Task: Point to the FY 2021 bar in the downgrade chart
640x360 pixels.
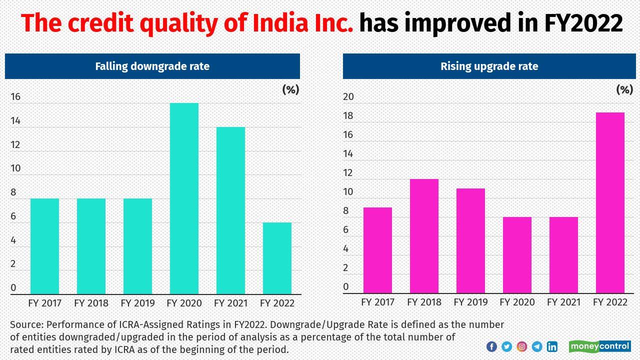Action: (x=230, y=210)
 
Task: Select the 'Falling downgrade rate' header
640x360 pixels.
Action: (x=152, y=66)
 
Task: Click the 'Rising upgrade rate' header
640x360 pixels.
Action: (x=489, y=66)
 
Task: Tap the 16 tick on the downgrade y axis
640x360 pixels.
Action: (x=15, y=97)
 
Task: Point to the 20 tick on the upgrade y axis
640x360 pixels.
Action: (x=348, y=97)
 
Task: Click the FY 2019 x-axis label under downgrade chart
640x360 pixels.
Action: (x=137, y=303)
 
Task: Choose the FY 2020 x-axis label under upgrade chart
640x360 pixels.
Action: (x=517, y=302)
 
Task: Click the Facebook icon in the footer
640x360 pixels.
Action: (x=491, y=346)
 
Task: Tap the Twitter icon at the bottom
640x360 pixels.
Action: (x=506, y=346)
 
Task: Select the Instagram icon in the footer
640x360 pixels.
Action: (x=521, y=346)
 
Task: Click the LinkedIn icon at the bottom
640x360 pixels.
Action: (x=552, y=346)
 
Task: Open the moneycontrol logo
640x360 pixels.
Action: (x=599, y=346)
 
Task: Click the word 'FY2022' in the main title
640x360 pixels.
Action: (x=583, y=23)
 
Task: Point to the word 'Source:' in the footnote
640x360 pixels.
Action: (x=26, y=324)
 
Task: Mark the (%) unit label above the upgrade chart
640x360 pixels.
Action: (x=624, y=89)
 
